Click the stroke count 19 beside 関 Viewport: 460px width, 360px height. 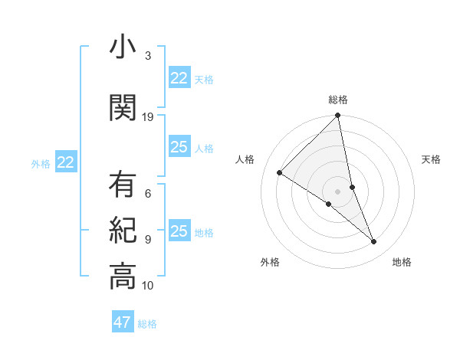(x=148, y=117)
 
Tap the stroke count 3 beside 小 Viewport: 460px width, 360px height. (x=148, y=56)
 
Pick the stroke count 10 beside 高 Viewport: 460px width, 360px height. (x=148, y=286)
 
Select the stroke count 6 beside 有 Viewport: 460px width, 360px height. (x=148, y=194)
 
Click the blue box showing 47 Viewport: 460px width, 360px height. (x=123, y=322)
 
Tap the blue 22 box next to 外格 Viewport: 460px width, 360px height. (x=66, y=162)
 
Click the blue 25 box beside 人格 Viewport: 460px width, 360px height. (x=179, y=147)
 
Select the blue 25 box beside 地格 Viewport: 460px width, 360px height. (x=179, y=231)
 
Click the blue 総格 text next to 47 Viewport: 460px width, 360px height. (x=147, y=324)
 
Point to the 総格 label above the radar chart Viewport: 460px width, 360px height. (x=338, y=100)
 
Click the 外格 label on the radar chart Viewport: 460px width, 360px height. (x=270, y=262)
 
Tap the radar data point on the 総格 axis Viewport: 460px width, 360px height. (x=338, y=116)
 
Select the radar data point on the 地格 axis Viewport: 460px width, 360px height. (x=374, y=242)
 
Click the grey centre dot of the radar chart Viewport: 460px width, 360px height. (x=338, y=191)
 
